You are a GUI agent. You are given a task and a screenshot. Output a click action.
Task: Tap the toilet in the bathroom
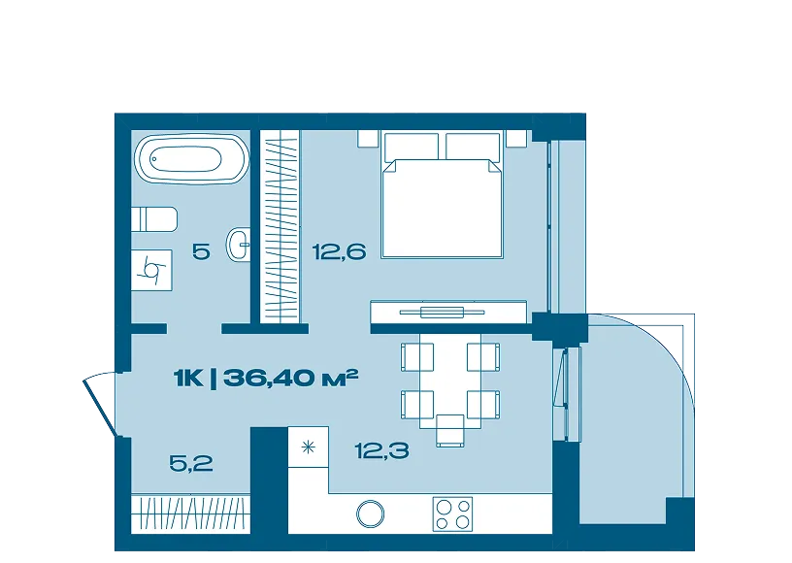[154, 219]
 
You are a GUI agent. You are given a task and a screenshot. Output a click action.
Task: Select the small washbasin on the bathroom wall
[240, 245]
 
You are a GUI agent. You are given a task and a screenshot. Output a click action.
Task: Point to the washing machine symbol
[151, 270]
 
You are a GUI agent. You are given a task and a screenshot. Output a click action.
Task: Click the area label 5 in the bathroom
[201, 251]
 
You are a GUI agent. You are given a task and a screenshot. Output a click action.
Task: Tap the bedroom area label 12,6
[339, 251]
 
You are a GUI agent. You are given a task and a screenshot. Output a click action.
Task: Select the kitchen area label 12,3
[381, 450]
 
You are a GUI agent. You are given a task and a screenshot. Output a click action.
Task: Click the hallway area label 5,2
[191, 463]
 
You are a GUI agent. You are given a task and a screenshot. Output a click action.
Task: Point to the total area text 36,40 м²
[290, 378]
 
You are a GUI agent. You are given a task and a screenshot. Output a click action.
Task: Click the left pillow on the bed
[412, 146]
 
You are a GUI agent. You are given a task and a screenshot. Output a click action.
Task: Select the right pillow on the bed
[473, 146]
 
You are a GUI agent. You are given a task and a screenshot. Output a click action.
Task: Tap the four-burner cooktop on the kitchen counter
[452, 514]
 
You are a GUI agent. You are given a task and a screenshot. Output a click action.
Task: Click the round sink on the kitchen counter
[370, 514]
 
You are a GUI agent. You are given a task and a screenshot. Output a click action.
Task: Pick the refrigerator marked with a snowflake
[308, 447]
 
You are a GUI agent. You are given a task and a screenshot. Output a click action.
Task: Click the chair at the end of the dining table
[450, 431]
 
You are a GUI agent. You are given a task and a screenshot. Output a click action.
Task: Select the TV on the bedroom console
[442, 312]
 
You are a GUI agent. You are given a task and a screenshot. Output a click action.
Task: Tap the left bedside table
[368, 139]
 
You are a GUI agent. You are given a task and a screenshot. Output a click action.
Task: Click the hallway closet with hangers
[191, 514]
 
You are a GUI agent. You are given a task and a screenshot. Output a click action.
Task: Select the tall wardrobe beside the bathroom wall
[280, 226]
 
